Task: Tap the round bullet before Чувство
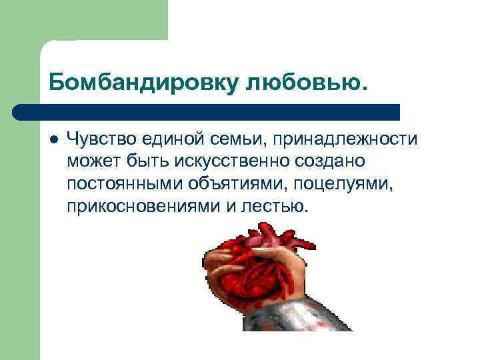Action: [x=54, y=139]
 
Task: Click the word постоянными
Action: [x=125, y=184]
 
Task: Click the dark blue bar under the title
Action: [x=207, y=111]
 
